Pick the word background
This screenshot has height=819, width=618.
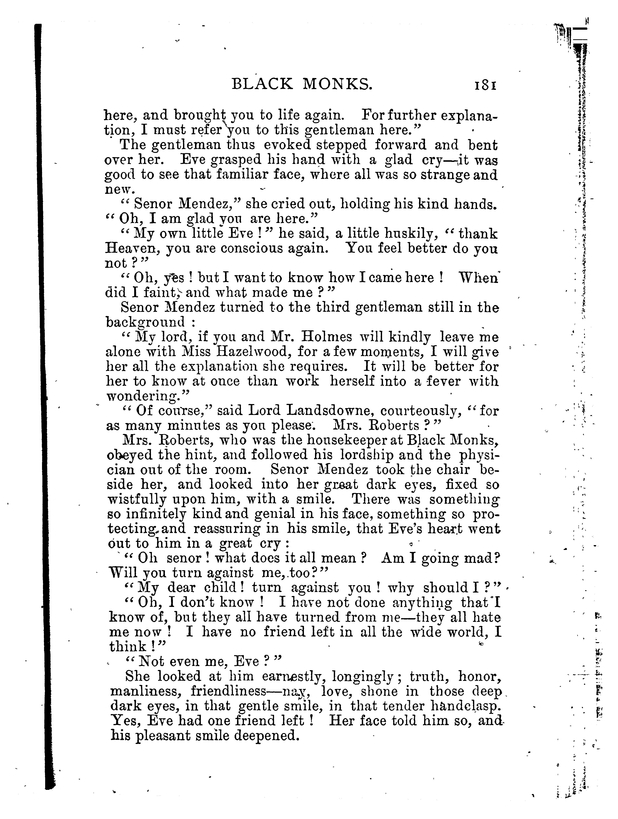[x=145, y=322]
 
